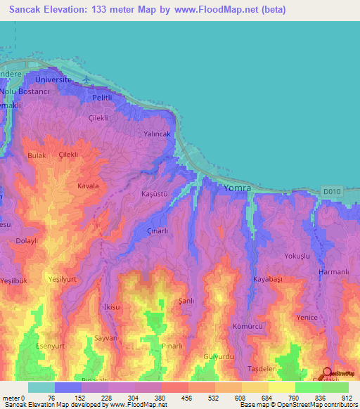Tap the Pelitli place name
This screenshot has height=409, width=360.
point(102,97)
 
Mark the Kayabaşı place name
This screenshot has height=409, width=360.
point(268,280)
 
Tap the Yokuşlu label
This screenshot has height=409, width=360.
point(297,256)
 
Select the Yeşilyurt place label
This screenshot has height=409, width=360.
point(61,278)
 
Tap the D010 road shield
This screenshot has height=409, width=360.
point(330,190)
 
